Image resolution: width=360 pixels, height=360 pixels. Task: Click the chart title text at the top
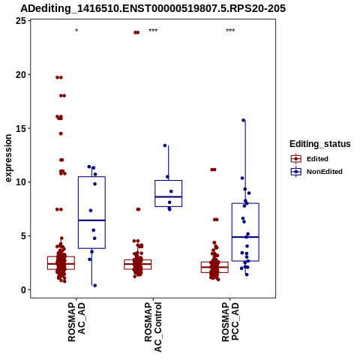pyautogui.click(x=153, y=9)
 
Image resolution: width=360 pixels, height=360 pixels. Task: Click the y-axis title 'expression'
pyautogui.click(x=8, y=158)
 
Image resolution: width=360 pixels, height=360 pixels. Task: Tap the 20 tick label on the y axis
pyautogui.click(x=20, y=74)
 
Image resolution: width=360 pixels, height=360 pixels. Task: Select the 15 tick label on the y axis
pyautogui.click(x=20, y=128)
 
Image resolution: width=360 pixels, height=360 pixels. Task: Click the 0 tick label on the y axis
pyautogui.click(x=23, y=289)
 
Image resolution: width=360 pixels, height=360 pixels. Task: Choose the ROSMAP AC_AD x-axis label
pyautogui.click(x=76, y=322)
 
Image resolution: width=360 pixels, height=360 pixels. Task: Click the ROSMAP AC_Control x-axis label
pyautogui.click(x=153, y=327)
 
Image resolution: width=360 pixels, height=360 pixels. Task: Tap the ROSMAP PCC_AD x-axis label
pyautogui.click(x=230, y=322)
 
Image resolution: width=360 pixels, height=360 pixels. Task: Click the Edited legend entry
pyautogui.click(x=310, y=159)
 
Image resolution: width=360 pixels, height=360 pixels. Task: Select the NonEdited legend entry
pyautogui.click(x=316, y=172)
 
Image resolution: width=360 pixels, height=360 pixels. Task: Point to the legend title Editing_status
pyautogui.click(x=320, y=144)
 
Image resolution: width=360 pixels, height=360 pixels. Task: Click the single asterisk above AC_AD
pyautogui.click(x=76, y=31)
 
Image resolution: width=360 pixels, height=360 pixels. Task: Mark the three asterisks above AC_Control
pyautogui.click(x=153, y=31)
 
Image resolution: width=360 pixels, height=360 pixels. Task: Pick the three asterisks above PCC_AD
pyautogui.click(x=230, y=31)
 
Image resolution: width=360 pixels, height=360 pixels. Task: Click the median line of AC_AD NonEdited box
pyautogui.click(x=91, y=220)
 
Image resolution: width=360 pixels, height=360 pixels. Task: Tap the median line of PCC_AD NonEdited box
pyautogui.click(x=245, y=237)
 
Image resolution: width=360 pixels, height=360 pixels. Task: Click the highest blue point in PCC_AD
pyautogui.click(x=244, y=120)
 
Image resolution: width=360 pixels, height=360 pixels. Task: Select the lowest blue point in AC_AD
pyautogui.click(x=95, y=286)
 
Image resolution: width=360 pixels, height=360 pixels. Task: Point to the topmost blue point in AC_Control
pyautogui.click(x=165, y=145)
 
